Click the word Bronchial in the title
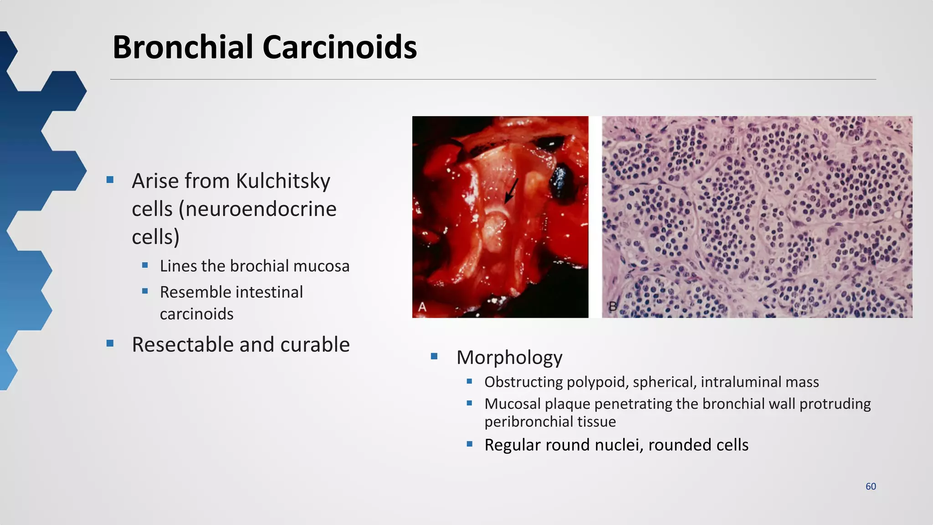(182, 47)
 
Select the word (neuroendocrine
(257, 209)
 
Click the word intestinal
(269, 292)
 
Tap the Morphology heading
(509, 357)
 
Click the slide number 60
(871, 486)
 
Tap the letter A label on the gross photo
(422, 307)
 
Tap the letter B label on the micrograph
(613, 307)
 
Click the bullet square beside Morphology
(434, 356)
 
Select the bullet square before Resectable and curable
(110, 344)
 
